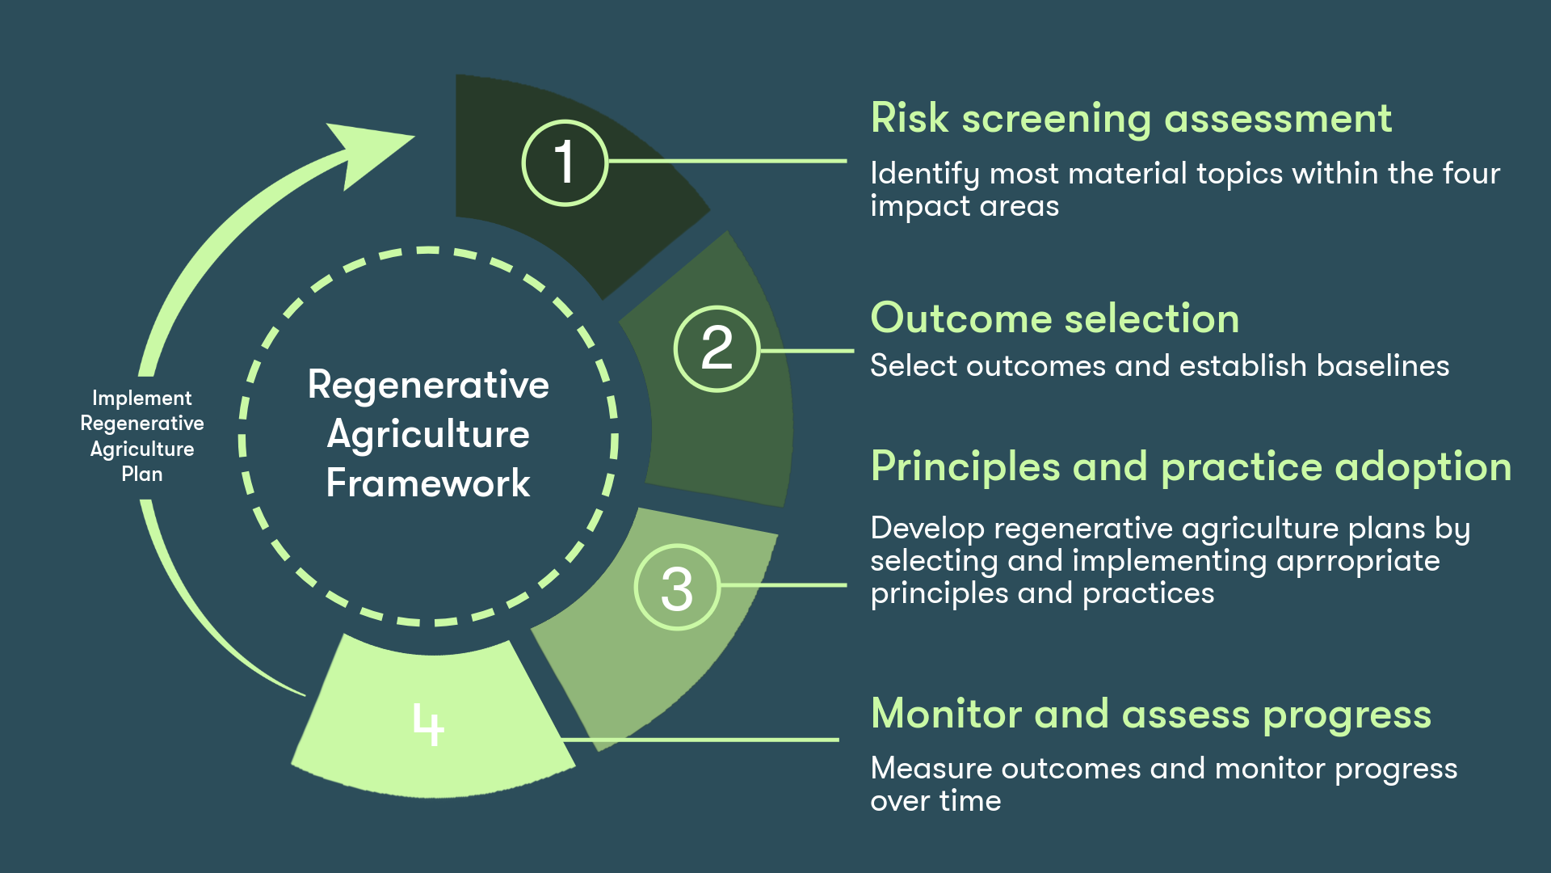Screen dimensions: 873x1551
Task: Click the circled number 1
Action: pos(564,162)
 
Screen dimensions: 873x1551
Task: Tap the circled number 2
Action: pos(717,349)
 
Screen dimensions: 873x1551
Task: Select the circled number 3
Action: pos(676,588)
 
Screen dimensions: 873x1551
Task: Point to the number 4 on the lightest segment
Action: pos(428,723)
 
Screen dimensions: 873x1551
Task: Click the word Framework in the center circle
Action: pos(428,483)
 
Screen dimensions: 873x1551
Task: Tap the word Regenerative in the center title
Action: pos(428,385)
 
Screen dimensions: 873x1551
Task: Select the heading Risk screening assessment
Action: pos(1131,119)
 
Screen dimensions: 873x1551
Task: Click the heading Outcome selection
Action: pos(1054,318)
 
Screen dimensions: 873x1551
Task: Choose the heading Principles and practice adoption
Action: pos(1191,466)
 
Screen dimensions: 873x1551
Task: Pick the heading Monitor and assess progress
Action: pos(1150,715)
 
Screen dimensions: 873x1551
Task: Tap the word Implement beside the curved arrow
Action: pos(141,399)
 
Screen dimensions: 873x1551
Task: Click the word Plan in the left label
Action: pos(141,474)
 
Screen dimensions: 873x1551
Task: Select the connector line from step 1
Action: pos(727,162)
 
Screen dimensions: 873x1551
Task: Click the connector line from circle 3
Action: pos(784,585)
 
